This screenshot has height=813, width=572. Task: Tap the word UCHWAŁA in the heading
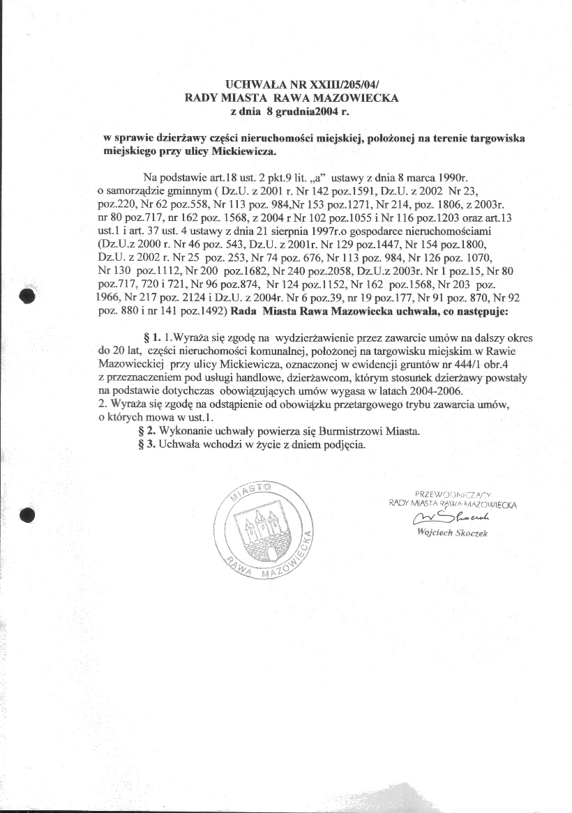[253, 86]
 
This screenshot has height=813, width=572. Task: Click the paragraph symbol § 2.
[148, 432]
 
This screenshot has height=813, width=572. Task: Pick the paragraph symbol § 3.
[148, 445]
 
